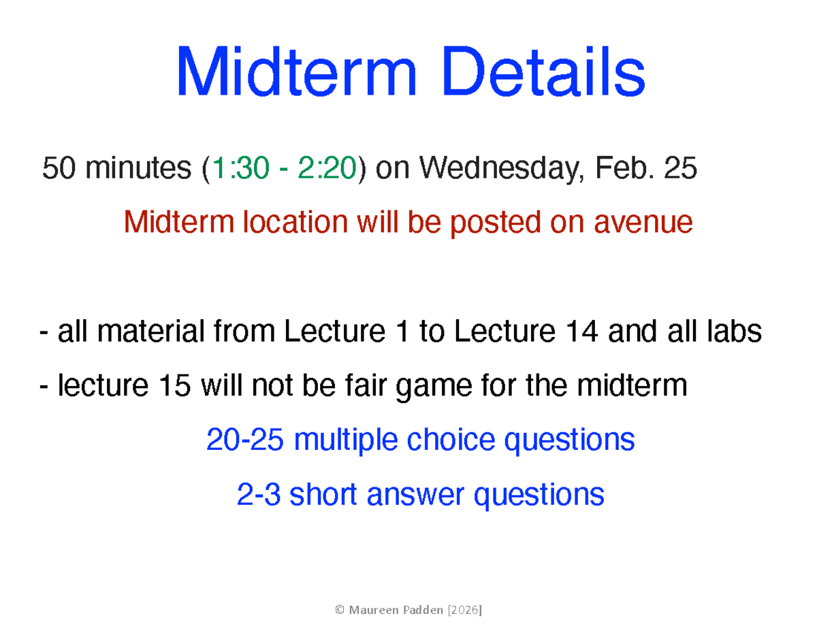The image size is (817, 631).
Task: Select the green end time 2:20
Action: click(327, 168)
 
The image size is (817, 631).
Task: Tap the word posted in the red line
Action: click(491, 222)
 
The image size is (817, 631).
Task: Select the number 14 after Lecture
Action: click(582, 333)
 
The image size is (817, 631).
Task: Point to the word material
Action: click(145, 333)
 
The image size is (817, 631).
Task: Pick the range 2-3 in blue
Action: click(259, 495)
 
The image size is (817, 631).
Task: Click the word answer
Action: click(414, 495)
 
